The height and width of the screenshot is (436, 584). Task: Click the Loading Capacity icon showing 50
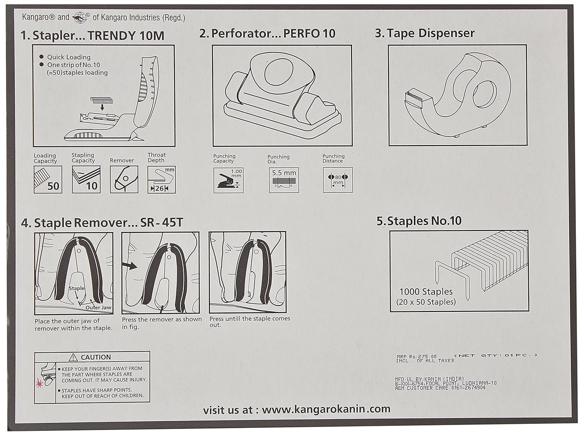(48, 179)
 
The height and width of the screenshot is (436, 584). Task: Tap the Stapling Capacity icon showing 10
(86, 179)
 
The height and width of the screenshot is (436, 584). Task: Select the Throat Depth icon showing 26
(162, 180)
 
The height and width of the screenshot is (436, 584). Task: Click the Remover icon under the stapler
(124, 179)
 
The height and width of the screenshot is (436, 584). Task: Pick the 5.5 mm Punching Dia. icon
(284, 180)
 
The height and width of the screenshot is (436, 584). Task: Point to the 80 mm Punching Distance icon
(338, 180)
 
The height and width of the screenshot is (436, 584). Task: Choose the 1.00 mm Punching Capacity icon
(229, 180)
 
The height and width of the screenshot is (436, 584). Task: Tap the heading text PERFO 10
(309, 33)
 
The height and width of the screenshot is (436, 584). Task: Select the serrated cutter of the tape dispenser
(414, 95)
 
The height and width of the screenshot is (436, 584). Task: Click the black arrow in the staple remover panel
(130, 266)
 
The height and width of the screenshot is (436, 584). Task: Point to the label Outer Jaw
(99, 308)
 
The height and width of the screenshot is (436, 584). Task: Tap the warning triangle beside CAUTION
(74, 357)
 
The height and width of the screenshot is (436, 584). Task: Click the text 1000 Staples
(426, 292)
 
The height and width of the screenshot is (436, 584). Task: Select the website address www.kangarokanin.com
(326, 409)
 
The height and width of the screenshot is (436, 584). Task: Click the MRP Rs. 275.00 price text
(417, 356)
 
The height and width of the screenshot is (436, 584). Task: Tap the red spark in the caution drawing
(39, 384)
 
